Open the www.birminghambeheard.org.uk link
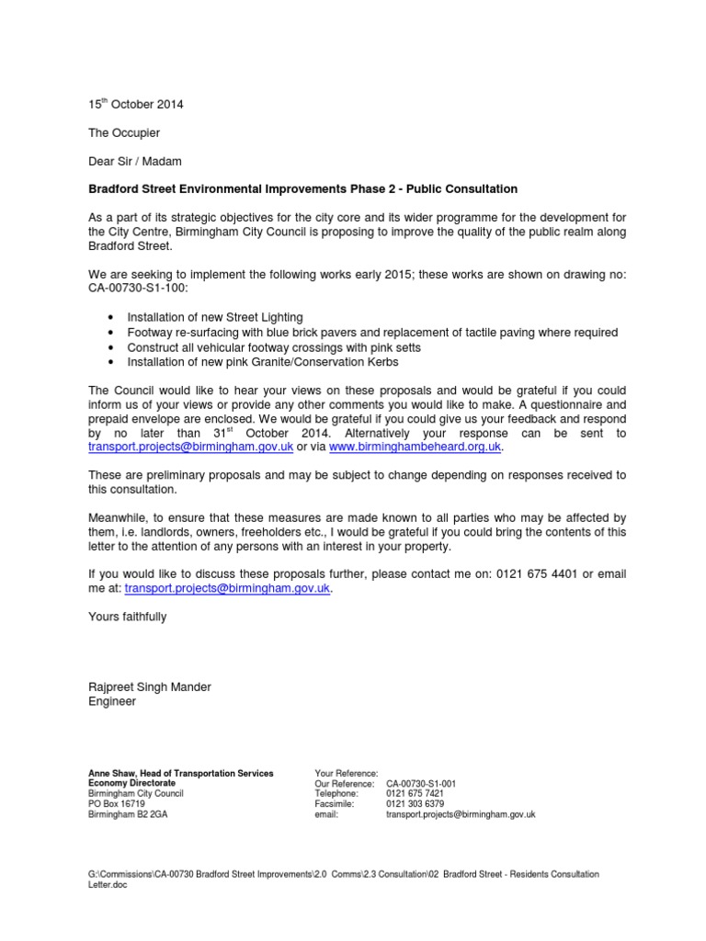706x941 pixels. click(416, 447)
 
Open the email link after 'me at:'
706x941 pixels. click(227, 589)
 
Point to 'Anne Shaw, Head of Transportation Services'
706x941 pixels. click(180, 774)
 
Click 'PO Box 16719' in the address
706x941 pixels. click(117, 803)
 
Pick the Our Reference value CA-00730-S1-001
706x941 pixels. click(421, 784)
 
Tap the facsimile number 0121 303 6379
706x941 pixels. click(415, 804)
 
